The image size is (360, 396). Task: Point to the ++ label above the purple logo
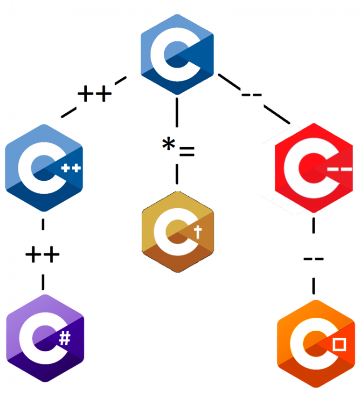pyautogui.click(x=42, y=255)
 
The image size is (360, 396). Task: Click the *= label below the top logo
pyautogui.click(x=178, y=148)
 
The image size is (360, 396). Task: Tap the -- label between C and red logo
pyautogui.click(x=252, y=95)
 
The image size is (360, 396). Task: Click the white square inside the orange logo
pyautogui.click(x=339, y=345)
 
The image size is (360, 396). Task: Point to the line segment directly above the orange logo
pyautogui.click(x=313, y=284)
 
